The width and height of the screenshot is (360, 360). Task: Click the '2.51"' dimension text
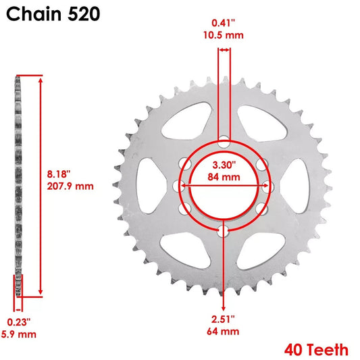pos(223,318)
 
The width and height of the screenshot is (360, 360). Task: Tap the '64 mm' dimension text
pos(223,331)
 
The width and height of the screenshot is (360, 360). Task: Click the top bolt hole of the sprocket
pos(224,141)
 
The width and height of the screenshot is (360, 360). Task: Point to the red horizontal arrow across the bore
pos(224,186)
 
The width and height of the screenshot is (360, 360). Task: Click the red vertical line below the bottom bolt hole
pos(224,270)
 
